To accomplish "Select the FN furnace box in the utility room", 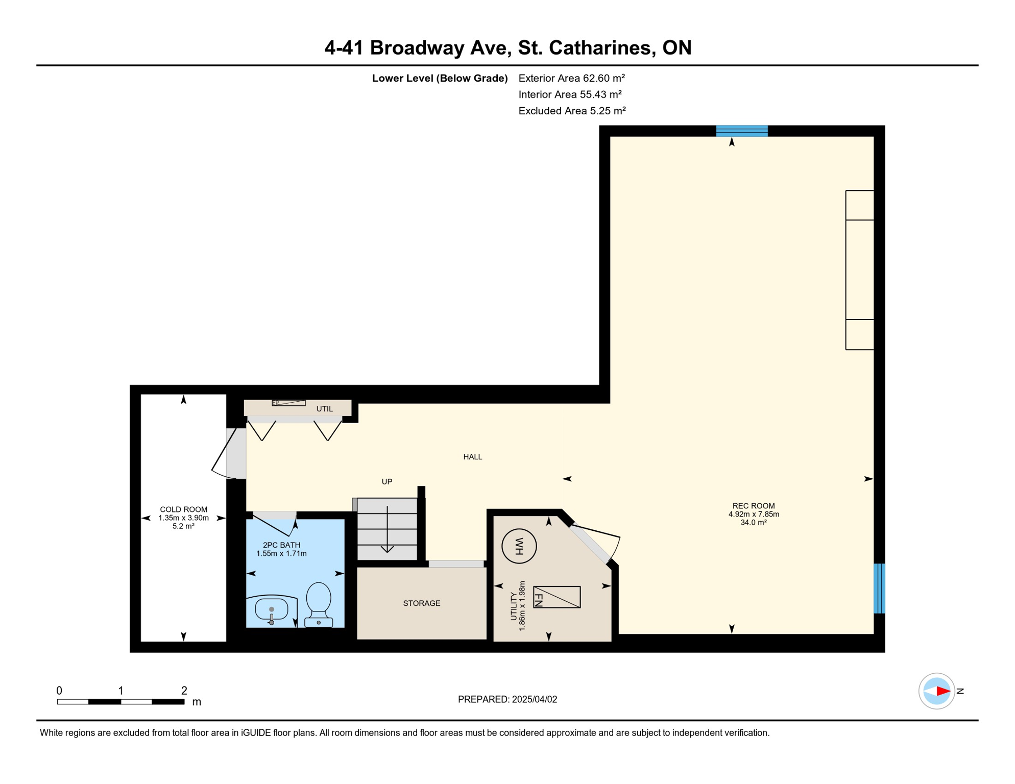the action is [557, 597].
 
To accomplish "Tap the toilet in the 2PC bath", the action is [319, 605].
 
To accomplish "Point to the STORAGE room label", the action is [422, 603].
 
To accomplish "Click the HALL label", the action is [473, 457].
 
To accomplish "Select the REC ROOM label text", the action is [754, 506].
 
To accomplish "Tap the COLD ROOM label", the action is [184, 509].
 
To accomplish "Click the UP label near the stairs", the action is [387, 481].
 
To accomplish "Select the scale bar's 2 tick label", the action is [184, 691].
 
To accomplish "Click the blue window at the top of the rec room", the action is [742, 131].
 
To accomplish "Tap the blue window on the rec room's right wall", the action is [879, 589].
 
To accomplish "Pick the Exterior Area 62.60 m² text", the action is [572, 78].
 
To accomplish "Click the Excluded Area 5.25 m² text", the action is [572, 111].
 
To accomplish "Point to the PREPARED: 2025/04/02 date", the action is [507, 699].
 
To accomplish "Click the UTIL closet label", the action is [325, 409].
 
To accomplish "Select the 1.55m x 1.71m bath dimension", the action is [281, 553].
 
